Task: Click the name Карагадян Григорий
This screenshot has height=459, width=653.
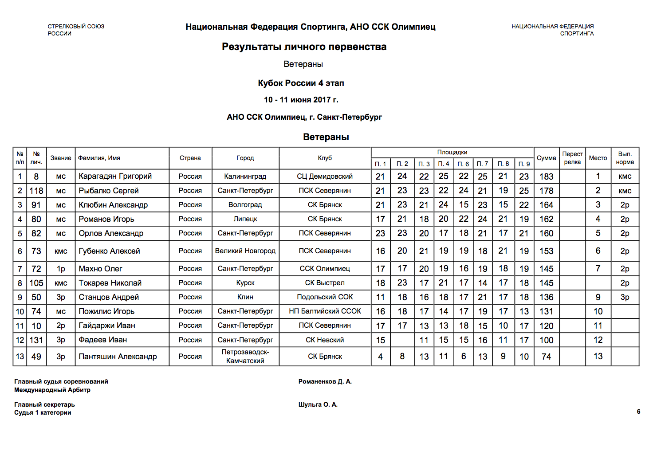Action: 115,176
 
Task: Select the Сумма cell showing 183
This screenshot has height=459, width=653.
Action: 546,177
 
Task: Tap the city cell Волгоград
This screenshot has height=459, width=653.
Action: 245,205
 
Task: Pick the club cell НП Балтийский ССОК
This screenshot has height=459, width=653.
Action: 325,311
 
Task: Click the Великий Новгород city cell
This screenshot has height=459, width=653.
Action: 245,251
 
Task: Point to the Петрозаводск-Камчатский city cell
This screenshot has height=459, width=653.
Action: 245,357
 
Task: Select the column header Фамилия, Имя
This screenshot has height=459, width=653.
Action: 99,158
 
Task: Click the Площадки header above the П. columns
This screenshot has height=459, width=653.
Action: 452,153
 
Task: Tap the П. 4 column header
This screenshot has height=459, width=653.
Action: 444,164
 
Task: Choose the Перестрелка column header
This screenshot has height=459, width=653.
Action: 572,158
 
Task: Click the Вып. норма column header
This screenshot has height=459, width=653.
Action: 625,158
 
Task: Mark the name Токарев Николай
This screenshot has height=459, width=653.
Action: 110,283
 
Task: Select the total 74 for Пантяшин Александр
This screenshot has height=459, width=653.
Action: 546,357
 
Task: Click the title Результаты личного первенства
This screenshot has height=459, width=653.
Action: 304,47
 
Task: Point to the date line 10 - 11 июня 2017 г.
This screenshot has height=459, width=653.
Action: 301,100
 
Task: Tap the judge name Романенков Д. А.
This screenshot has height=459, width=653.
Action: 325,382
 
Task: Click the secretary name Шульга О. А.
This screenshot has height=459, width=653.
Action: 318,405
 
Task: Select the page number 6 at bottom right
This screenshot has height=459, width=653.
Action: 638,412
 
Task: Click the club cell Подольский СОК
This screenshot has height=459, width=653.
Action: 325,297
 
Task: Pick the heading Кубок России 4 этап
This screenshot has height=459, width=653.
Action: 301,83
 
